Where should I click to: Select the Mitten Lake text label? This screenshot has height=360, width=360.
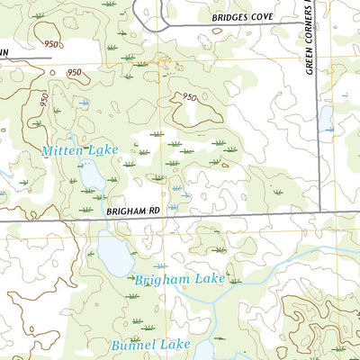[x=79, y=151]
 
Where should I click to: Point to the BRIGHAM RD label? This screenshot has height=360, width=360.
[x=132, y=210]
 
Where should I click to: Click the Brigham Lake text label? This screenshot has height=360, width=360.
[x=170, y=280]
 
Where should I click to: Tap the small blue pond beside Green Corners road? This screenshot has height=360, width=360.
[x=326, y=119]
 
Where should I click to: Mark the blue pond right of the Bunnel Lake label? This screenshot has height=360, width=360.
[x=204, y=348]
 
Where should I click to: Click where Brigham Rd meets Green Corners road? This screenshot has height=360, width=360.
[x=319, y=214]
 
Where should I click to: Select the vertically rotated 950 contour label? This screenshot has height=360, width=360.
[x=40, y=100]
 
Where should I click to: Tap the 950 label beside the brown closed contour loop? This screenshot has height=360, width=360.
[x=188, y=97]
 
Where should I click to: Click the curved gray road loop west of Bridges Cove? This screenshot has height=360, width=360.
[x=148, y=11]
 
